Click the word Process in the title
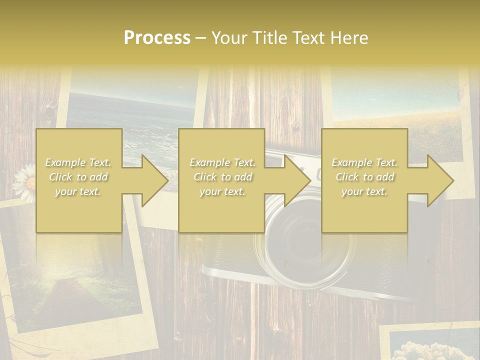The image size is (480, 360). pyautogui.click(x=157, y=38)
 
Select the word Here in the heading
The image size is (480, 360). pyautogui.click(x=349, y=38)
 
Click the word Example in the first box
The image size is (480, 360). pyautogui.click(x=65, y=162)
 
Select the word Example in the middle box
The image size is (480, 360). pyautogui.click(x=209, y=162)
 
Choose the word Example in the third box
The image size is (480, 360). pyautogui.click(x=351, y=162)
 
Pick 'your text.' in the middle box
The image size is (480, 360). pyautogui.click(x=222, y=191)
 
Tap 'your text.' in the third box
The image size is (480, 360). pyautogui.click(x=364, y=191)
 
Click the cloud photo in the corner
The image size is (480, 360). pyautogui.click(x=430, y=347)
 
